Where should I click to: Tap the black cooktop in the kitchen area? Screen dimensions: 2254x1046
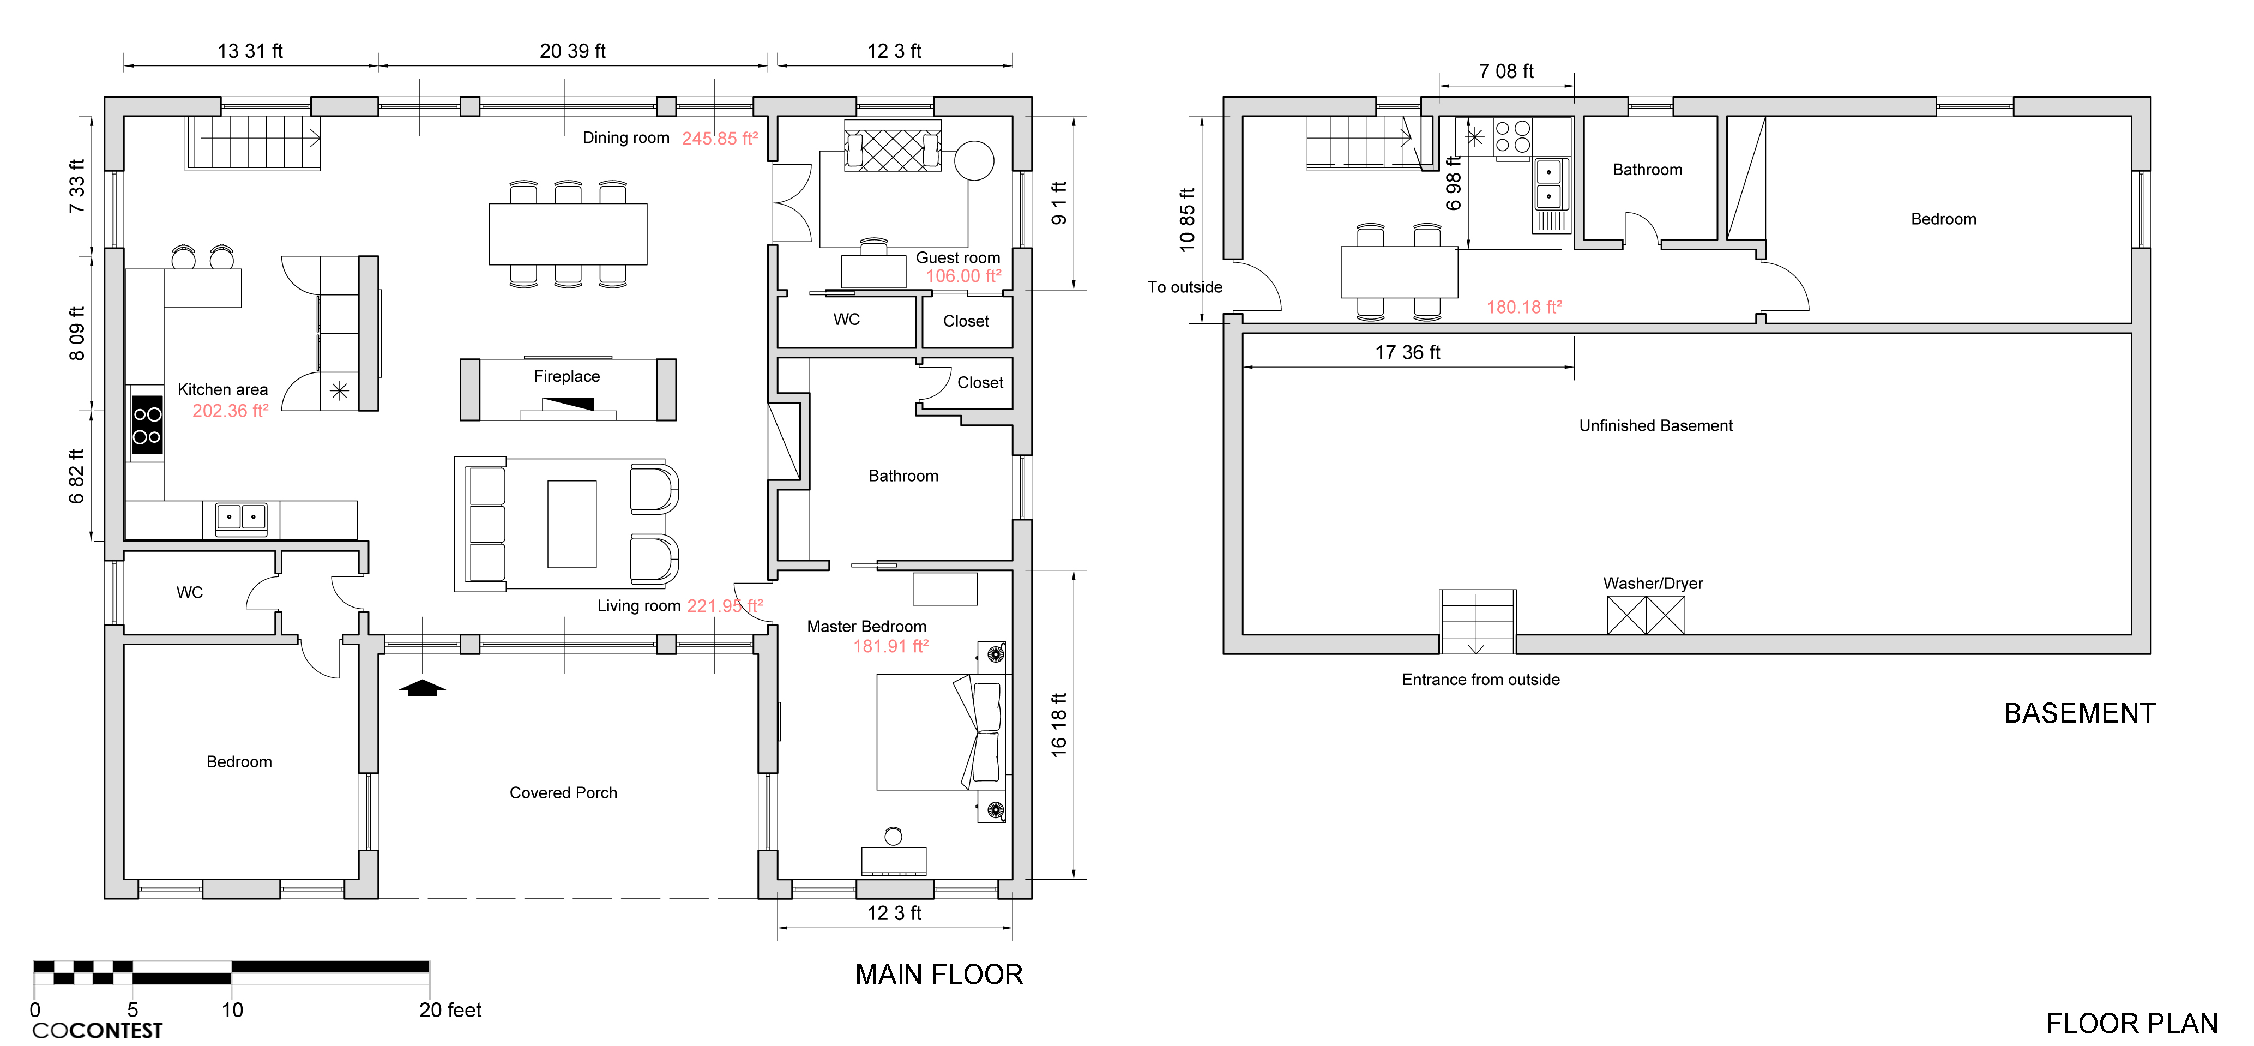(147, 425)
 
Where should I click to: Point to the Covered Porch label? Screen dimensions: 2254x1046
(564, 793)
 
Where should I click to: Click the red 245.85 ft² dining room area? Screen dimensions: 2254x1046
(720, 139)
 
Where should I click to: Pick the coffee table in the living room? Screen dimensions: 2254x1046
(572, 524)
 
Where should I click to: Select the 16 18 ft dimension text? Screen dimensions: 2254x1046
(1059, 725)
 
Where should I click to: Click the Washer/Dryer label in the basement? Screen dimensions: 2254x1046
(1653, 583)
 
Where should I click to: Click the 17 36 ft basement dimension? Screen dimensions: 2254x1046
(1407, 352)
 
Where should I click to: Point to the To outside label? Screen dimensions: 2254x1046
(1185, 287)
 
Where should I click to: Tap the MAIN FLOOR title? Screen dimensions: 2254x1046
(939, 974)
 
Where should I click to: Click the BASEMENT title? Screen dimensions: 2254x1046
(2080, 713)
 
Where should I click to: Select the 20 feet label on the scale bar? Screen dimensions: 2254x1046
(450, 1010)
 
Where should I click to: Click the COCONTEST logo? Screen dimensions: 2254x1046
(97, 1030)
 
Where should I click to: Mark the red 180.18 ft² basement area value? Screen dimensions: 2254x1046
(1524, 307)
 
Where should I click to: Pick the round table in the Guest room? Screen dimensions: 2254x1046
(974, 161)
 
